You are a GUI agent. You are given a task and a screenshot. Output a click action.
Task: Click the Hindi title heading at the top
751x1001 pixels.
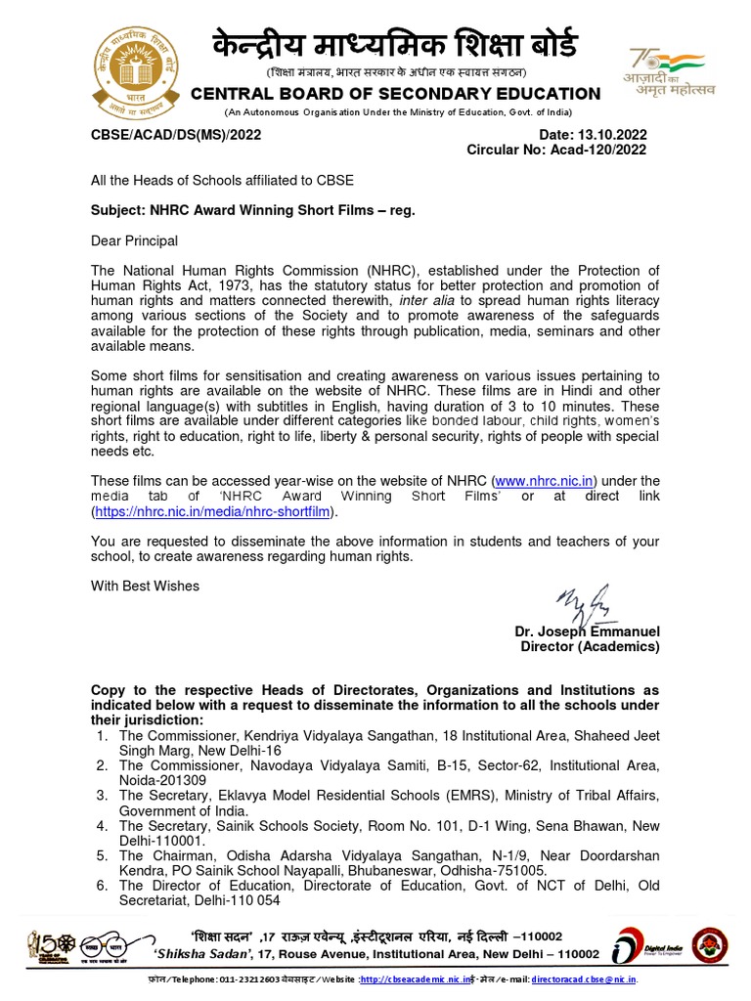pos(394,45)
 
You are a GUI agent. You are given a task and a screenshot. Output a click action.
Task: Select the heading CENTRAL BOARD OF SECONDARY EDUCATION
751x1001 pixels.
pos(395,94)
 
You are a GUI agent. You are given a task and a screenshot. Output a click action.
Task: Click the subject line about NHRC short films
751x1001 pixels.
pos(245,210)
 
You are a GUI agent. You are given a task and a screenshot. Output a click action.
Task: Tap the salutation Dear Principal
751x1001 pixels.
pos(134,240)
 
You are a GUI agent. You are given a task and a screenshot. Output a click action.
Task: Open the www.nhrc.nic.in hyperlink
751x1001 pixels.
pos(545,481)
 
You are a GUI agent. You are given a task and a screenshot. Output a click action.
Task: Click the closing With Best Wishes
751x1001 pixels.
pos(145,587)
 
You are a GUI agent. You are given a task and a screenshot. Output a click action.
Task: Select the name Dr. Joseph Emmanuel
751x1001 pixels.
pos(587,631)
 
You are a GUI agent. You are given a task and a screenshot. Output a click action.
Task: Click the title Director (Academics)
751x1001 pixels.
pos(590,647)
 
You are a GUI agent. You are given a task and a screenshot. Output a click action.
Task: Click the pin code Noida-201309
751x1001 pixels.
pos(161,781)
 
